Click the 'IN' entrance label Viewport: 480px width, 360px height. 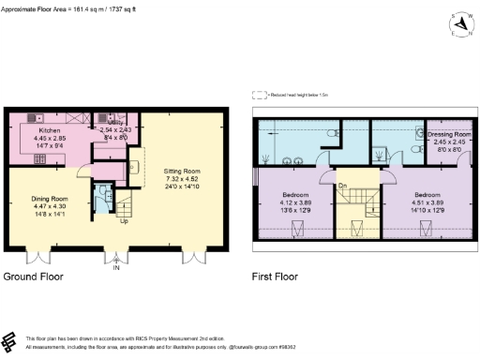pyautogui.click(x=116, y=268)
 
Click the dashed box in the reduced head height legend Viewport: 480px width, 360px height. pyautogui.click(x=259, y=95)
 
